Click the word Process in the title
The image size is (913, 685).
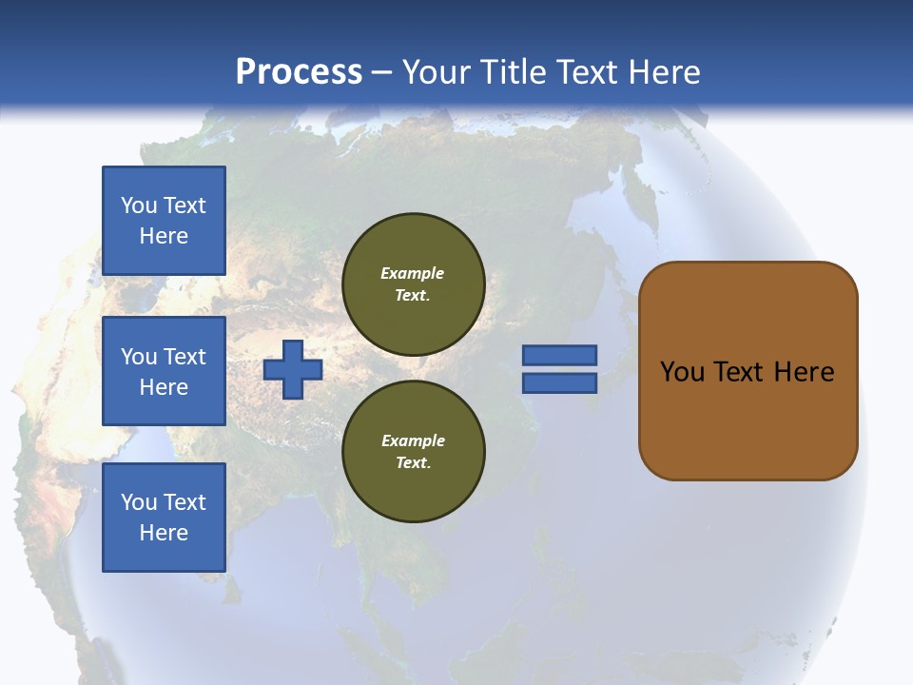(x=299, y=72)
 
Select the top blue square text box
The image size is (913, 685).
(x=164, y=221)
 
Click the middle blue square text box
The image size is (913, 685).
(x=164, y=371)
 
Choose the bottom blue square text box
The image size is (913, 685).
(x=164, y=518)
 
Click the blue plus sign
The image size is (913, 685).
(x=293, y=369)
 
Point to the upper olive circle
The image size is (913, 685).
(x=414, y=284)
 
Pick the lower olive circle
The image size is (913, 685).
(x=414, y=452)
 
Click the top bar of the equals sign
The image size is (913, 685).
(x=559, y=355)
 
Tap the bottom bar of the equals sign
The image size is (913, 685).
(x=559, y=383)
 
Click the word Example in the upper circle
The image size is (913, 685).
(x=413, y=274)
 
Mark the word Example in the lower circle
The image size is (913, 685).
(x=413, y=441)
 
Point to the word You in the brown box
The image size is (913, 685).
(x=682, y=372)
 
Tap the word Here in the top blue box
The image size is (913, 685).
(x=164, y=236)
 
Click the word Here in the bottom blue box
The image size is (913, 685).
(x=164, y=533)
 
